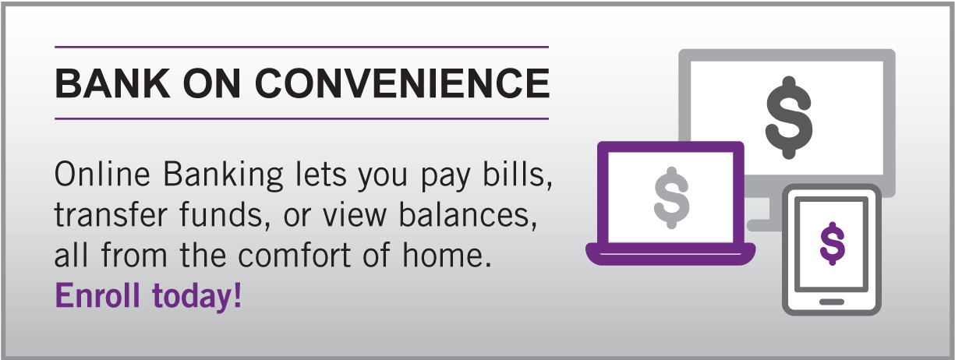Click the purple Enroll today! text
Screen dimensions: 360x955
[148, 295]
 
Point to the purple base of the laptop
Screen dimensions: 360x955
[670, 252]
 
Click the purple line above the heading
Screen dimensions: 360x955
[302, 48]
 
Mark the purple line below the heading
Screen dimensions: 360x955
[302, 118]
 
